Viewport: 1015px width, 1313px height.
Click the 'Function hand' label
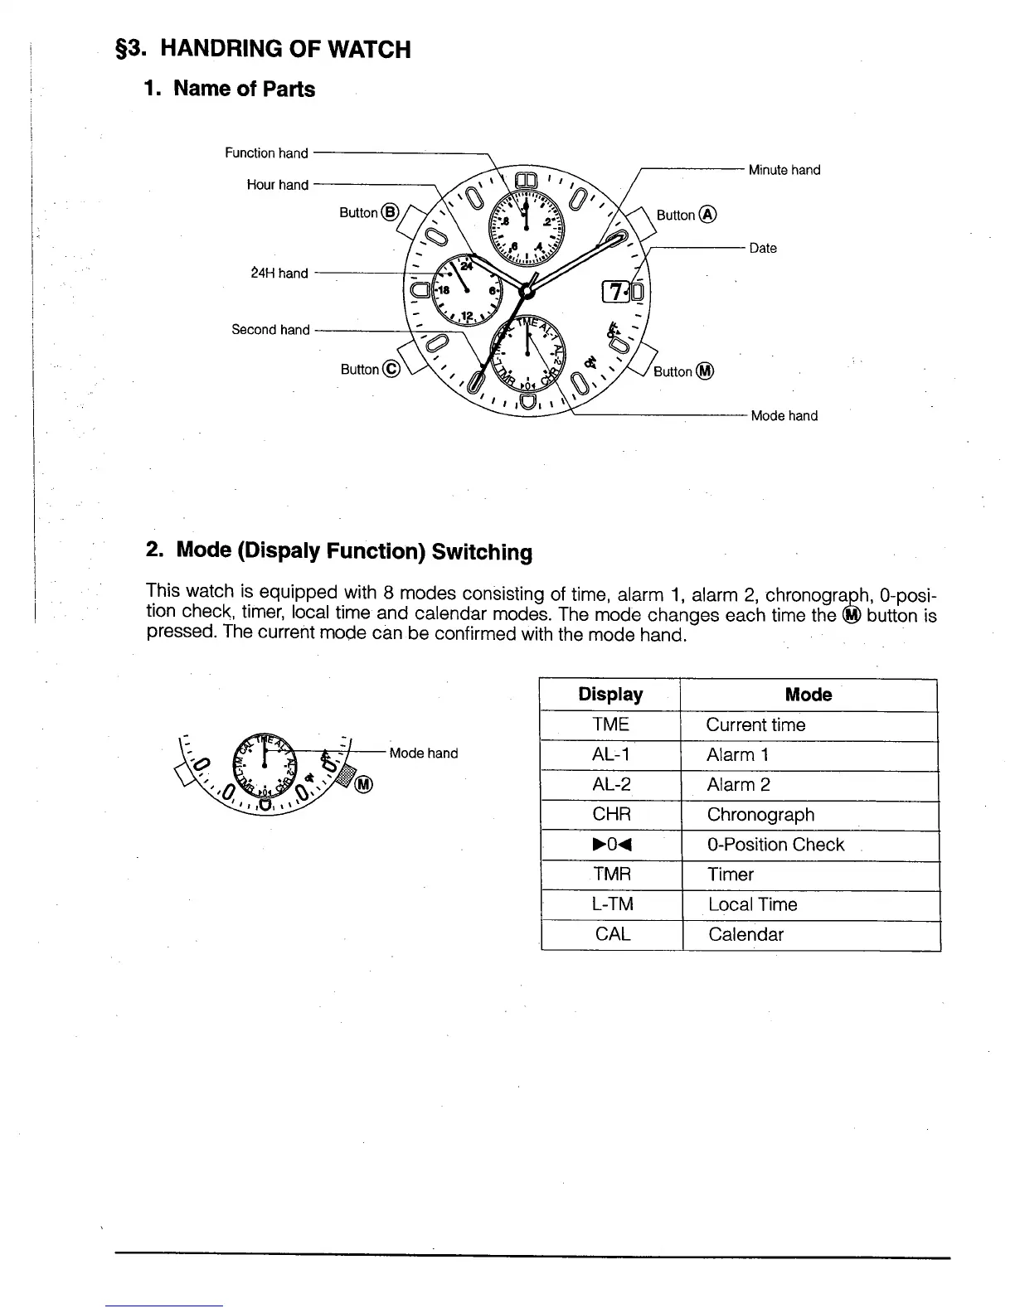[x=266, y=153]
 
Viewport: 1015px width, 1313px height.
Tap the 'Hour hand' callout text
[x=277, y=185]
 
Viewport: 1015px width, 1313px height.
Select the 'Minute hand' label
[x=784, y=170]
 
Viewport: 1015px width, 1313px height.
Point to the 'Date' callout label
[x=763, y=248]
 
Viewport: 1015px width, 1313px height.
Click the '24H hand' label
[x=279, y=273]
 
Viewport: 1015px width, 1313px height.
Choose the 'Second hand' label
[x=270, y=330]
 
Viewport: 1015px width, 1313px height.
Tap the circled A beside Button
[x=708, y=215]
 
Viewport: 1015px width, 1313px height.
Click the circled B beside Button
[x=391, y=212]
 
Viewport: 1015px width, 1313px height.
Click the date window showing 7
[x=617, y=293]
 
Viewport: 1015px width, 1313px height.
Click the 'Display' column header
[x=610, y=695]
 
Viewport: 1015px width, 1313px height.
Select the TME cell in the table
[x=611, y=724]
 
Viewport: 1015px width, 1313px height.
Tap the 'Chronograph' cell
[x=760, y=815]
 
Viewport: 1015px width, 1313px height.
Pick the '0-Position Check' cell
[x=775, y=845]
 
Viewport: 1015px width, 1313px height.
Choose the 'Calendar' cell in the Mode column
[x=745, y=935]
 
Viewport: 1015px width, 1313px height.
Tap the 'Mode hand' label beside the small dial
[x=423, y=753]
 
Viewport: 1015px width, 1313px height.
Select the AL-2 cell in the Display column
[x=611, y=785]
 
